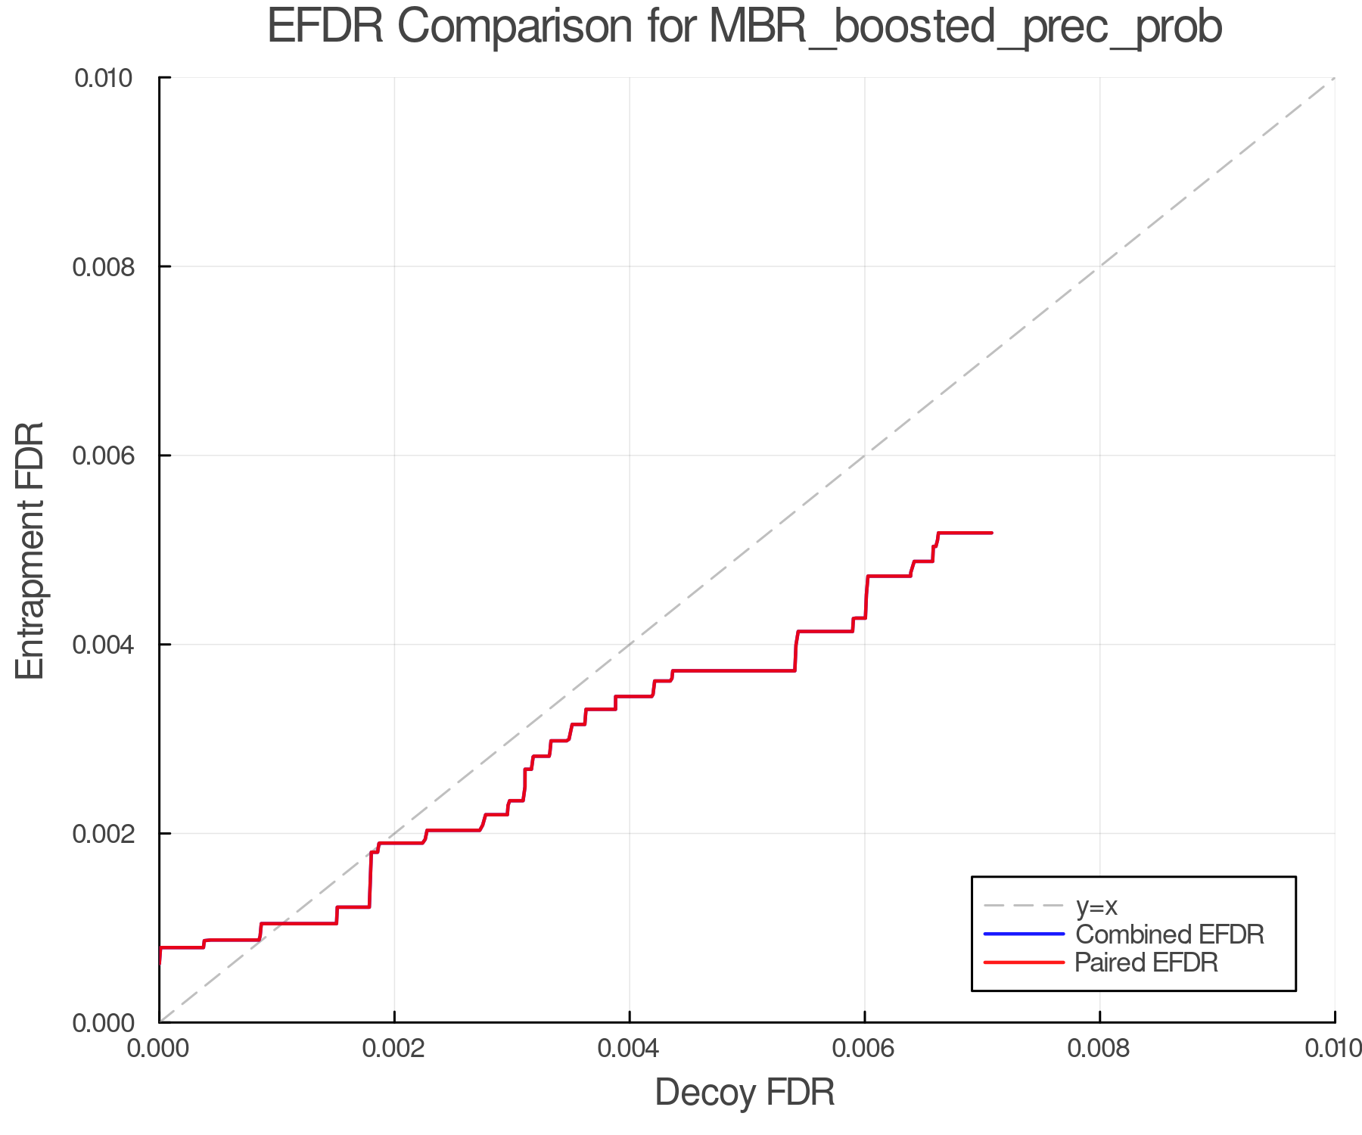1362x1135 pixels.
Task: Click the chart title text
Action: tap(745, 27)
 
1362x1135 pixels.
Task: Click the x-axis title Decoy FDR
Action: tap(745, 1093)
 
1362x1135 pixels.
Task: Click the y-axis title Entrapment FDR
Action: tap(30, 550)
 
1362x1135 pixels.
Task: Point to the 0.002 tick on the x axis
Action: tap(394, 1048)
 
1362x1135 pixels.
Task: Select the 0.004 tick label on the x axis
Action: tap(630, 1048)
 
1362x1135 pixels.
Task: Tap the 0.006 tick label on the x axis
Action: tap(865, 1048)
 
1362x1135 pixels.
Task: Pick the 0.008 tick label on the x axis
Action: tap(1099, 1048)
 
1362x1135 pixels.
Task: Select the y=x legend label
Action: tap(1096, 906)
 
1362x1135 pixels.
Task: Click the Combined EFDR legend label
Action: tap(1170, 934)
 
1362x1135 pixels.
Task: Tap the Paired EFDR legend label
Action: tap(1146, 962)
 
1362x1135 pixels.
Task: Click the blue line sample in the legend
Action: tap(1024, 934)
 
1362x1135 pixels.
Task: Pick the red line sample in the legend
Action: tap(1024, 962)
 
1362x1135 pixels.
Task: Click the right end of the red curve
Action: tap(991, 533)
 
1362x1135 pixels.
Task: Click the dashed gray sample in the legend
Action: tap(1024, 905)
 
